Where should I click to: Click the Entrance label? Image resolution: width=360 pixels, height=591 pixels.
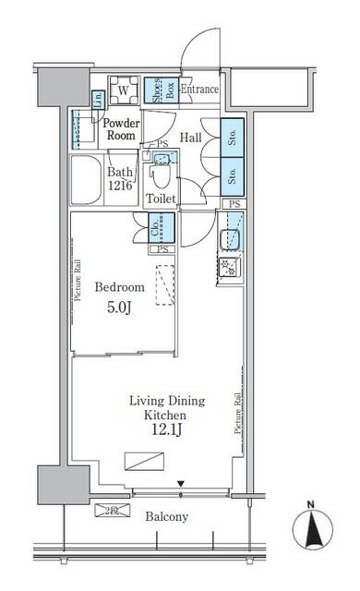tap(199, 90)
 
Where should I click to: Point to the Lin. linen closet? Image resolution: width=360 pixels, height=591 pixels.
tap(98, 99)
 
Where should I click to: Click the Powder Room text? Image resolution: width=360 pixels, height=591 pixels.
tap(120, 128)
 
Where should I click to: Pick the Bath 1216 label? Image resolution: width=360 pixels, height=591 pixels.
tap(121, 178)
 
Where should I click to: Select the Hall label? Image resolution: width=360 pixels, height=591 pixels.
tap(191, 137)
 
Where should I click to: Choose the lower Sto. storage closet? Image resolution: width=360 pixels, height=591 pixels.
tap(232, 174)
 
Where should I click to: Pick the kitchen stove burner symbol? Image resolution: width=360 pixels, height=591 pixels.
tap(229, 269)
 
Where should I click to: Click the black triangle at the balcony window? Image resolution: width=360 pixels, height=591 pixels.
tap(181, 483)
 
